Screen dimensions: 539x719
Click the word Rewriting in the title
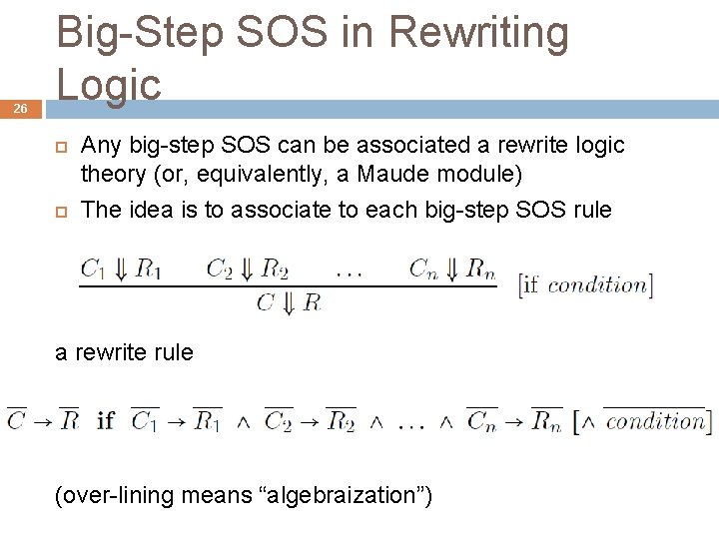tap(478, 33)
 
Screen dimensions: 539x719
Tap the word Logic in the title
tap(109, 84)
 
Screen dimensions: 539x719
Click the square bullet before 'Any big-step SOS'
tap(60, 147)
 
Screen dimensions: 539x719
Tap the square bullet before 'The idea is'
tap(60, 210)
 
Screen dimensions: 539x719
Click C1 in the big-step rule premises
tap(93, 268)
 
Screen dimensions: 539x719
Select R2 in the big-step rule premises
tap(274, 268)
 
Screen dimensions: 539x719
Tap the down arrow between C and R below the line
tap(289, 301)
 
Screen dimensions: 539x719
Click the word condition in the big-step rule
tap(596, 285)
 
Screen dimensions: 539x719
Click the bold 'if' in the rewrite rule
tap(106, 420)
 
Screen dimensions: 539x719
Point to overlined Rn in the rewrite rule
tap(546, 420)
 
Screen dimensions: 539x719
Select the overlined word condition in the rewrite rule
tap(654, 420)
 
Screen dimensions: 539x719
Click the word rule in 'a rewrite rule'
tap(174, 352)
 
